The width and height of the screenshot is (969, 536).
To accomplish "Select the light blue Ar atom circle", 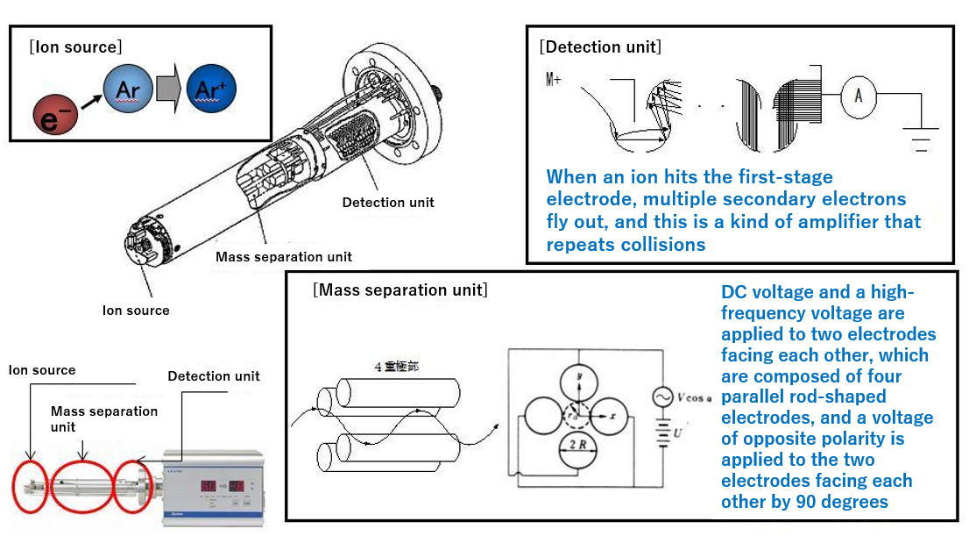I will [128, 90].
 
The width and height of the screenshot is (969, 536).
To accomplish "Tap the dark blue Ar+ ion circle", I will [210, 90].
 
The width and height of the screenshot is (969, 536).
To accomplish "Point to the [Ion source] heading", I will [75, 46].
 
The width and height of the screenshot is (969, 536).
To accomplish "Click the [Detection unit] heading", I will [600, 46].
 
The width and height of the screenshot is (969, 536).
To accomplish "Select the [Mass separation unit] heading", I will [400, 289].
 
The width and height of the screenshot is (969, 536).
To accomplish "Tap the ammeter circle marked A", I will [859, 96].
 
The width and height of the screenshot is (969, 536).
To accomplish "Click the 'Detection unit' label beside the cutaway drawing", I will [388, 203].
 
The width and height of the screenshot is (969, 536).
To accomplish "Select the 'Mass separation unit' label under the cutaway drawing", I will [284, 257].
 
